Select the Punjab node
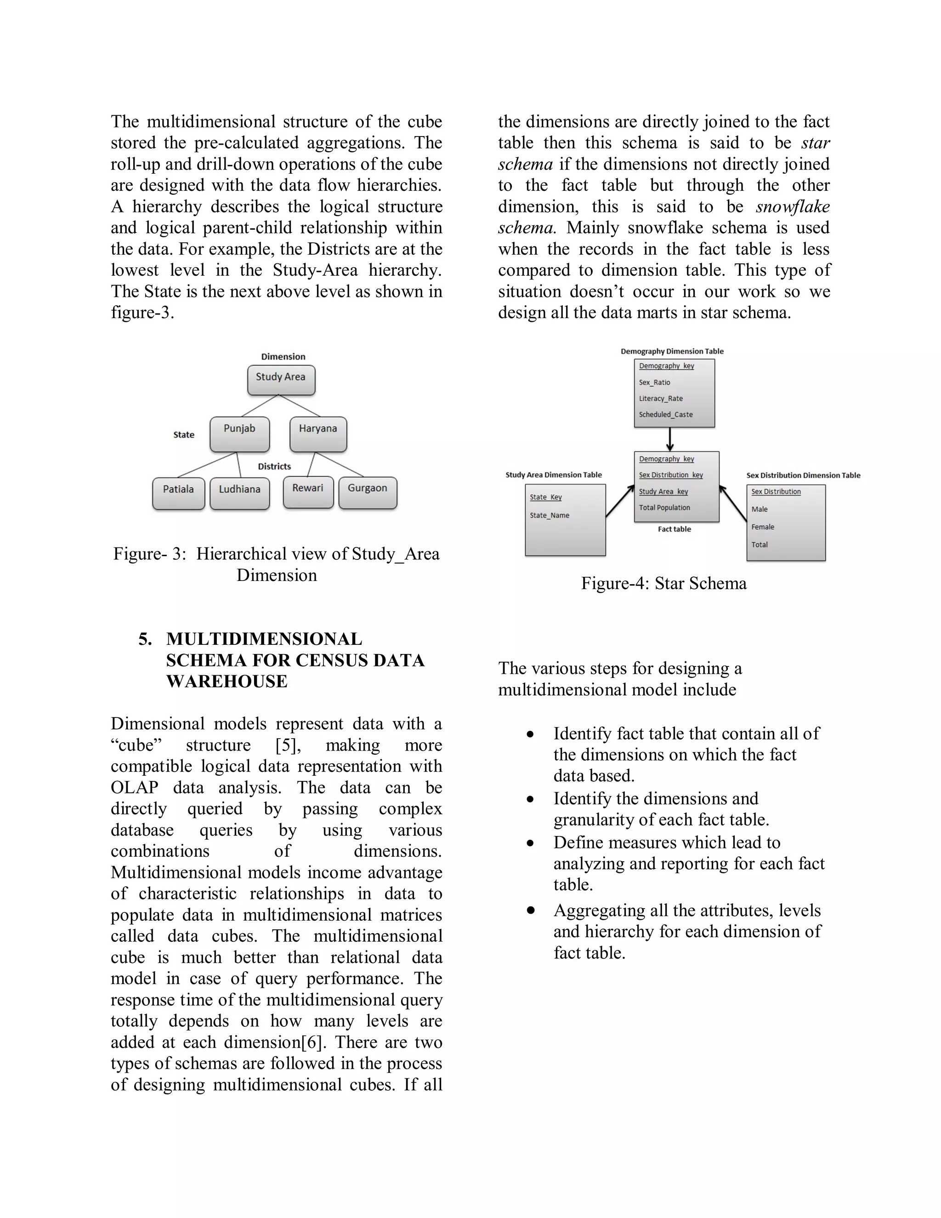click(240, 433)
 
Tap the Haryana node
click(318, 433)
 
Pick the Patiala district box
click(178, 492)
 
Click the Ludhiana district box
click(240, 492)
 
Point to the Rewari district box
click(308, 491)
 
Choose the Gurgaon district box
click(368, 491)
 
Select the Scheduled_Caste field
click(666, 415)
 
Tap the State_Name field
click(549, 516)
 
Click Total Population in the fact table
click(664, 508)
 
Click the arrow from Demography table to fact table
click(669, 439)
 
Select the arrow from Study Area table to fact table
click(620, 501)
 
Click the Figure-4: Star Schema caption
click(663, 583)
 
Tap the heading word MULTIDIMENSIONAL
click(264, 639)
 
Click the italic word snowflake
click(792, 207)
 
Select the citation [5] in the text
click(288, 746)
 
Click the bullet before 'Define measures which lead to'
click(530, 843)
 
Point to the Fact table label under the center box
click(674, 529)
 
